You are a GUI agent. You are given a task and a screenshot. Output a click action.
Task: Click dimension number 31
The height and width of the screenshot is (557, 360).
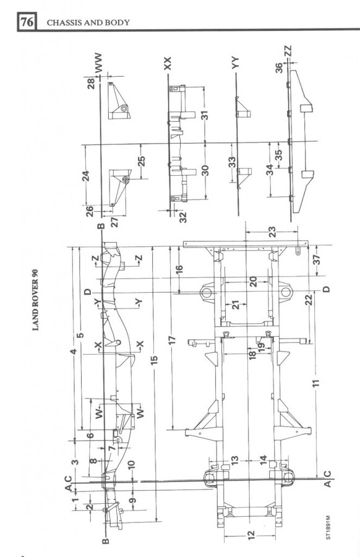click(205, 116)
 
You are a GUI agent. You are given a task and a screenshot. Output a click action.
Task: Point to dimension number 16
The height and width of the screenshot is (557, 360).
click(179, 270)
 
